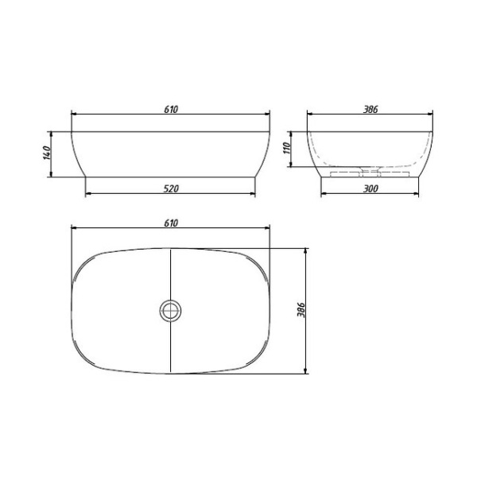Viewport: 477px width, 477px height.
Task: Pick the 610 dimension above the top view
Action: pyautogui.click(x=170, y=223)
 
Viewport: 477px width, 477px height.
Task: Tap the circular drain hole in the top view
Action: pyautogui.click(x=170, y=309)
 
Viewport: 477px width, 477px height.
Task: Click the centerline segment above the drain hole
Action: pyautogui.click(x=170, y=274)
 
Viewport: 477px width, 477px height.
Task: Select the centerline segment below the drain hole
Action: pyautogui.click(x=170, y=346)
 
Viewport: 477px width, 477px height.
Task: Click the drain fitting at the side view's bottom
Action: pyautogui.click(x=369, y=170)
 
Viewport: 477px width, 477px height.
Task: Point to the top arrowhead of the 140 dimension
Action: pyautogui.click(x=52, y=134)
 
